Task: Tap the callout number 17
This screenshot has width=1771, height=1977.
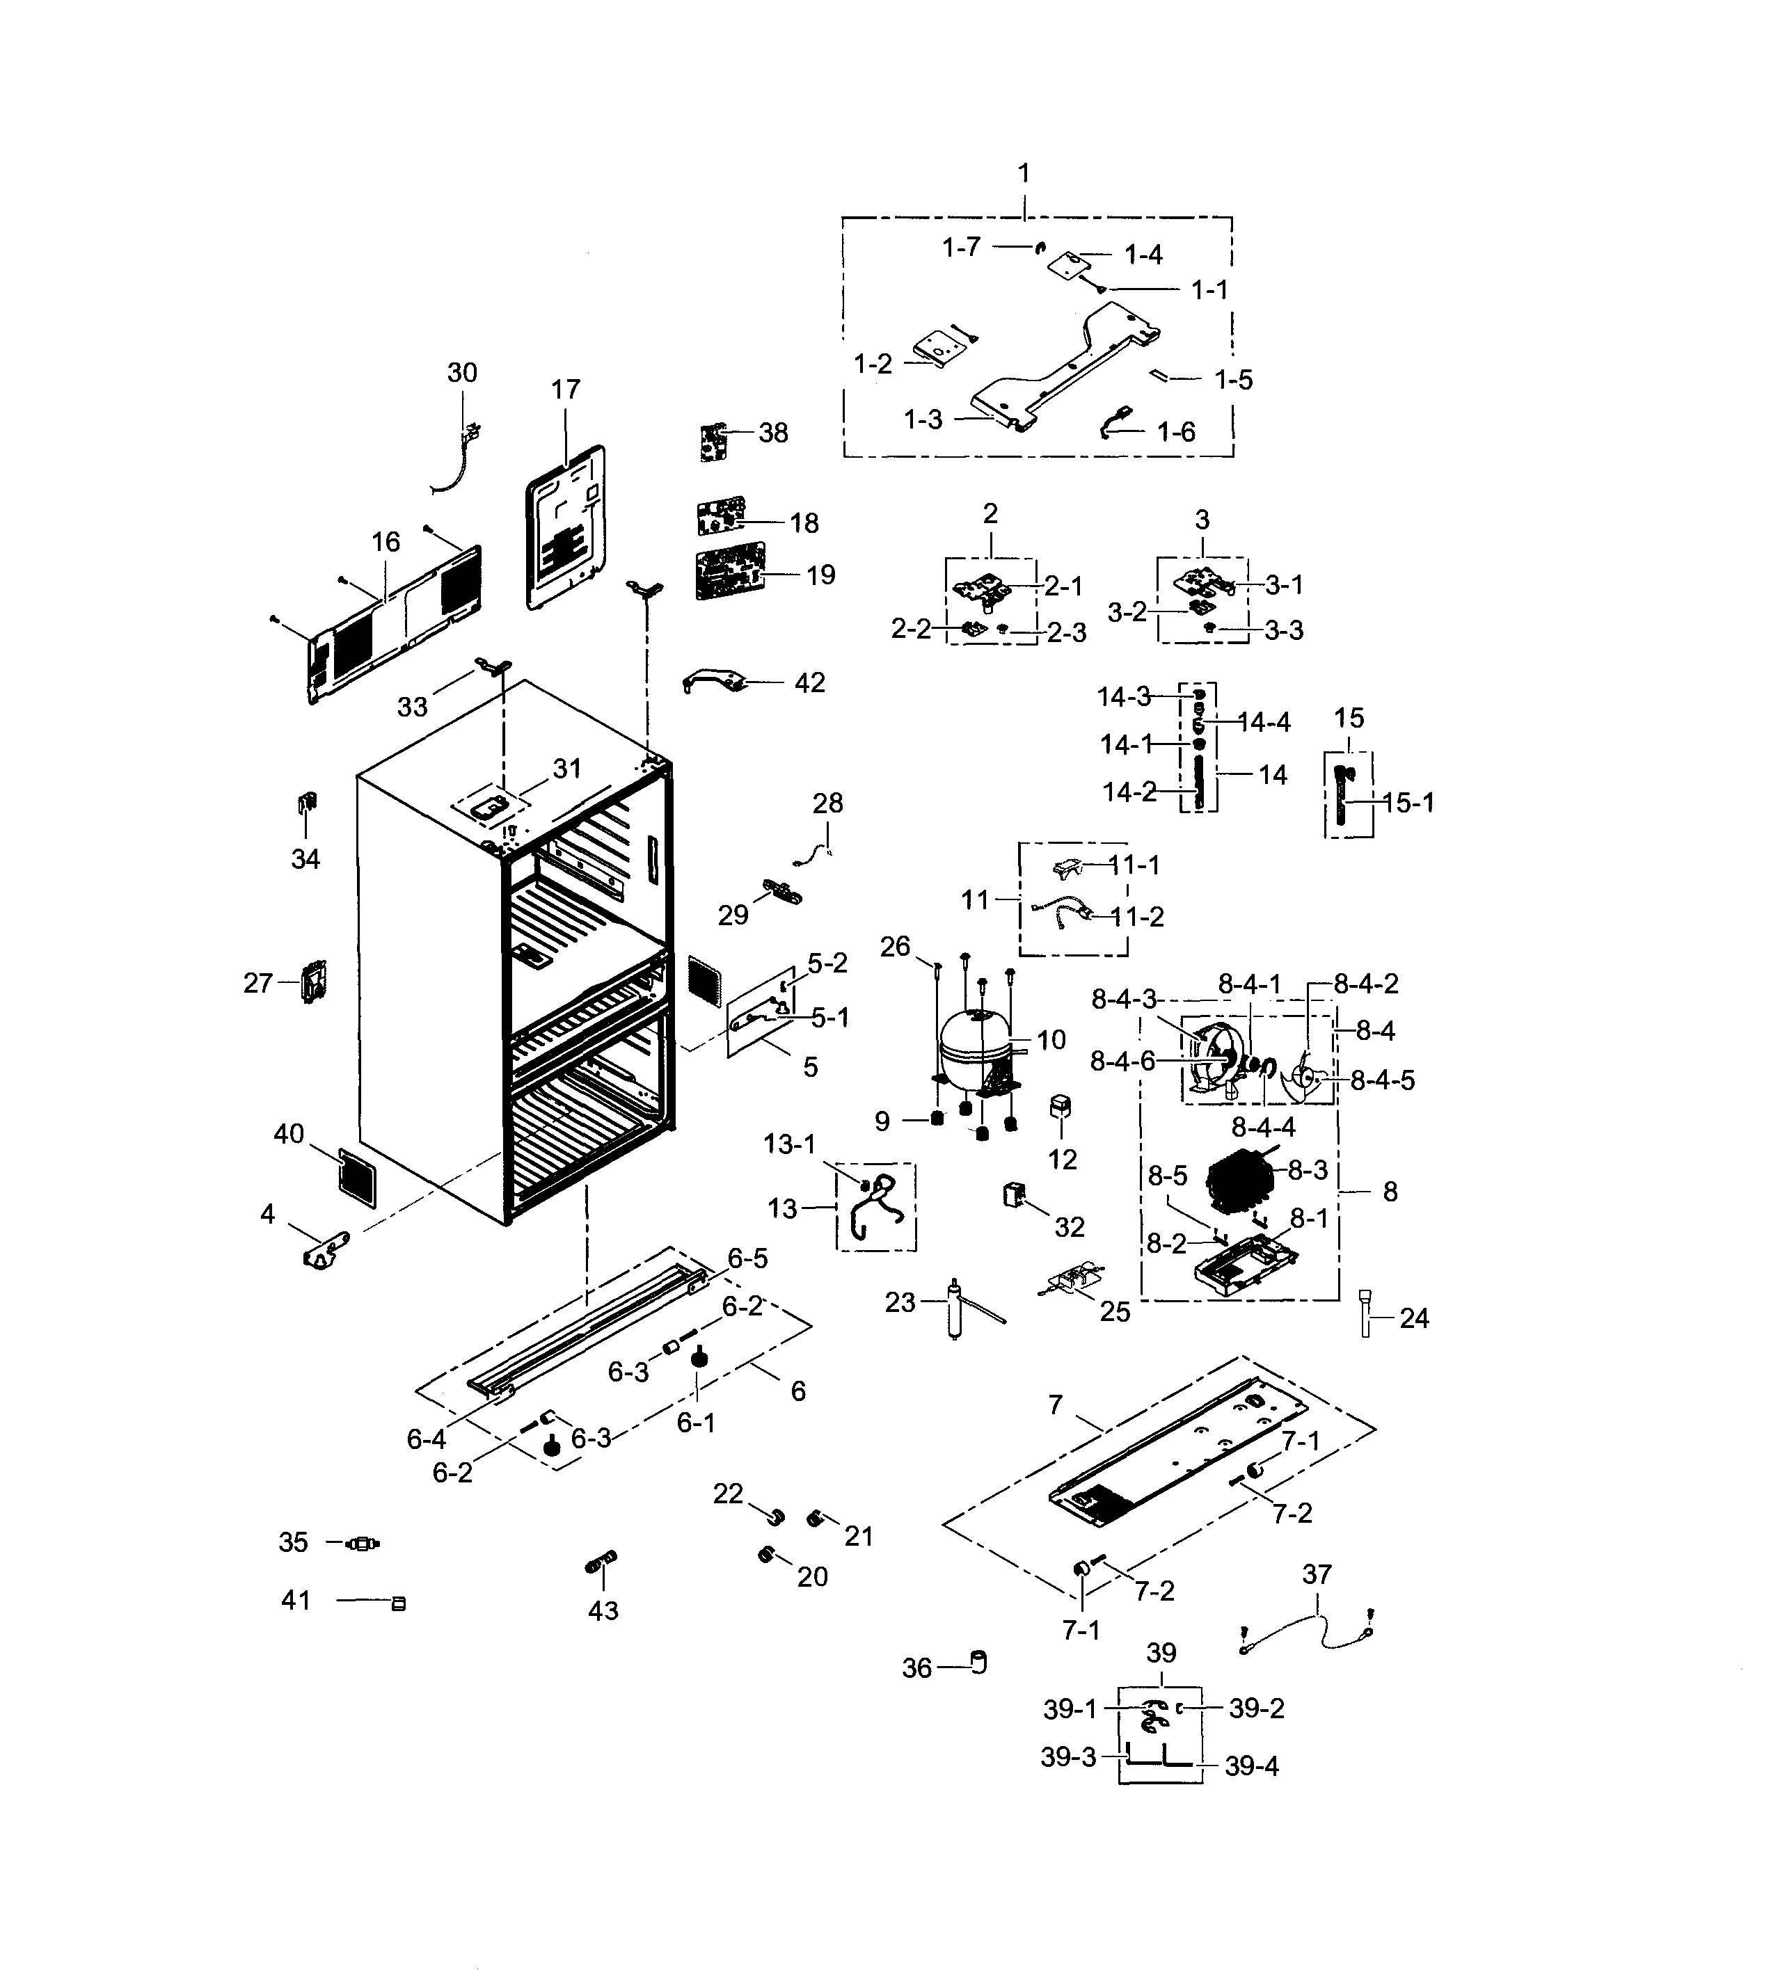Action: [565, 390]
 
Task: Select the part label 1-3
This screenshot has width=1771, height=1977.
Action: [923, 420]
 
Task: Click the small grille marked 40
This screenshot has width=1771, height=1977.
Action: [357, 1177]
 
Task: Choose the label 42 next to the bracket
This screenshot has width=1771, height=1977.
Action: [809, 683]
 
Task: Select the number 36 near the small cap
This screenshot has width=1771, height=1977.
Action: [916, 1669]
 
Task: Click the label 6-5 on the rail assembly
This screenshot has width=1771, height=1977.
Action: [747, 1259]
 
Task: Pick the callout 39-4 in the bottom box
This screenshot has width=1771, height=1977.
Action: [1251, 1766]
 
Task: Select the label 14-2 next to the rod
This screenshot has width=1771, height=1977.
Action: [1129, 793]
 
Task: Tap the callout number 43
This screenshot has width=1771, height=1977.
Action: [603, 1610]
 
